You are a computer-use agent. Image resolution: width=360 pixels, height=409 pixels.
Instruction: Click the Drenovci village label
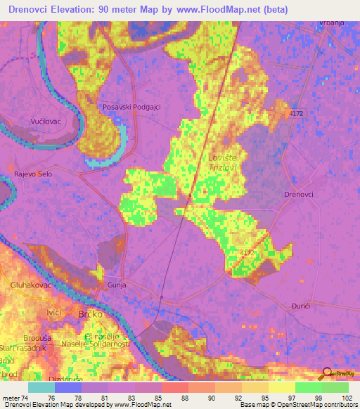click(x=298, y=194)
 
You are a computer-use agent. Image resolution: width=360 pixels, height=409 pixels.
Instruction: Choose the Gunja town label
click(x=115, y=285)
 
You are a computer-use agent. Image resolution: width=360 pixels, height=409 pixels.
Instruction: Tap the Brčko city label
click(x=90, y=315)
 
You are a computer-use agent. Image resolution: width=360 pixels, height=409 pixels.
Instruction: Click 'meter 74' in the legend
click(x=15, y=398)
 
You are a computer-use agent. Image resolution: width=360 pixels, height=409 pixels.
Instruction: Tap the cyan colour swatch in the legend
click(x=41, y=387)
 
